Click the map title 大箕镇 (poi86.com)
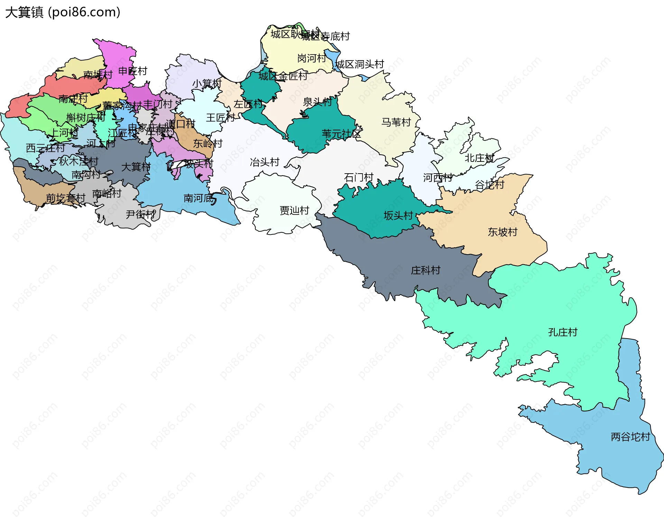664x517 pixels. pyautogui.click(x=63, y=12)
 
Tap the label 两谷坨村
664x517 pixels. pyautogui.click(x=630, y=437)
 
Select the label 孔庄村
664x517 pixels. pyautogui.click(x=563, y=332)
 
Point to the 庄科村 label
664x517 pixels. pyautogui.click(x=425, y=270)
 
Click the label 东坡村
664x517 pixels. pyautogui.click(x=502, y=232)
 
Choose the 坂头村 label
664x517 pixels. pyautogui.click(x=398, y=216)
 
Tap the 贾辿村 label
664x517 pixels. pyautogui.click(x=294, y=210)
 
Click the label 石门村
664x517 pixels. pyautogui.click(x=359, y=178)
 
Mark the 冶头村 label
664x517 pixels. pyautogui.click(x=265, y=162)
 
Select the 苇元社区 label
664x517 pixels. pyautogui.click(x=341, y=134)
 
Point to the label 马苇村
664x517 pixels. pyautogui.click(x=396, y=122)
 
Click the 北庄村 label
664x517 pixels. pyautogui.click(x=479, y=158)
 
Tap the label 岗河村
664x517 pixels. pyautogui.click(x=312, y=58)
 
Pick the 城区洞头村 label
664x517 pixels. pyautogui.click(x=360, y=64)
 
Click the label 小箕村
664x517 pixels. pyautogui.click(x=207, y=84)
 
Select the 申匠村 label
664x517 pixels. pyautogui.click(x=133, y=71)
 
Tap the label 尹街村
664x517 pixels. pyautogui.click(x=141, y=214)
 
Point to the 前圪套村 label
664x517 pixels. pyautogui.click(x=66, y=199)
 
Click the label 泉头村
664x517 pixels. pyautogui.click(x=317, y=102)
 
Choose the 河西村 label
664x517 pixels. pyautogui.click(x=438, y=178)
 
